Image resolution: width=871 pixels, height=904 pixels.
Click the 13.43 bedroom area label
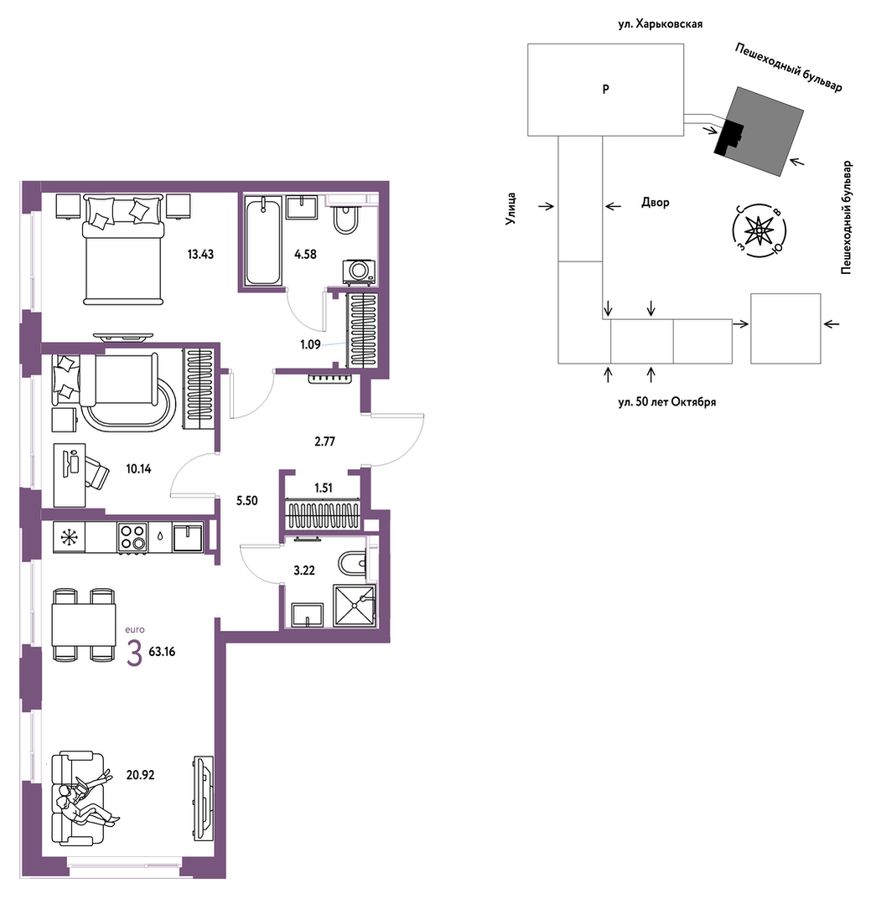point(200,254)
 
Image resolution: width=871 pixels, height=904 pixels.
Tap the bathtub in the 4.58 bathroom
point(263,240)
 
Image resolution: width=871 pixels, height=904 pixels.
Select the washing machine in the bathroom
point(359,271)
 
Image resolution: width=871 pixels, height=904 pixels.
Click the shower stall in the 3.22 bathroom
point(354,606)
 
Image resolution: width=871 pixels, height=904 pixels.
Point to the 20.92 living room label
point(140,775)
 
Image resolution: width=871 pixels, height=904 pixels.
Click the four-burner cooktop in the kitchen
point(132,538)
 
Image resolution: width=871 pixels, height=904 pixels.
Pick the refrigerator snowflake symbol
point(70,538)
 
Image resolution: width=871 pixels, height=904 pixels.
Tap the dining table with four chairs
point(84,624)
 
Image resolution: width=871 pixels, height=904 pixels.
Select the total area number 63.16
point(162,652)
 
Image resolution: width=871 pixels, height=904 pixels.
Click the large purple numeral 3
point(134,653)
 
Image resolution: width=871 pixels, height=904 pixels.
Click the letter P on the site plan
point(605,90)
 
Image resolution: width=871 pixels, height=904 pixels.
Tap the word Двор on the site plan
point(656,203)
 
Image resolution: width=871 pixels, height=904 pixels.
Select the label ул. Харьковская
point(660,24)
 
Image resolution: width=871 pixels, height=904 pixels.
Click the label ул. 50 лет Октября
point(666,402)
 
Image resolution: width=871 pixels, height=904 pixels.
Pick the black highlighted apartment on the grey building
point(728,138)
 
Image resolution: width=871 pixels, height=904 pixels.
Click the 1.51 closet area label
point(324,488)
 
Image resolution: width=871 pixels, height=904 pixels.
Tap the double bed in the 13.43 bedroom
point(123,250)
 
